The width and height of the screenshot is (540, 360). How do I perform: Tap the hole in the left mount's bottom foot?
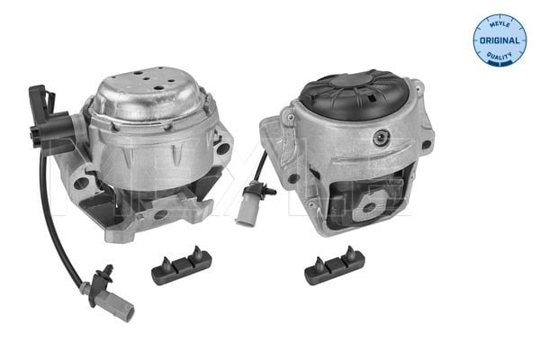click(x=160, y=216)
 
